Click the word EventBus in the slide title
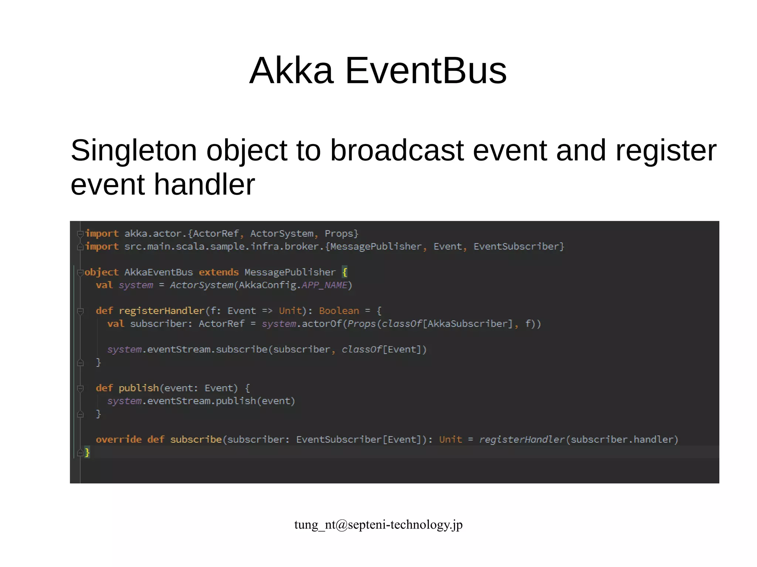[425, 71]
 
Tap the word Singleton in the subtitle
[133, 151]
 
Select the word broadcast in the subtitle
[397, 151]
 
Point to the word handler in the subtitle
[204, 184]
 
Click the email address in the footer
[378, 525]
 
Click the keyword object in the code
[102, 272]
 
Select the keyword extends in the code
[219, 272]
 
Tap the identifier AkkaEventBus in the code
[159, 272]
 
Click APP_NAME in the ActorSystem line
[325, 285]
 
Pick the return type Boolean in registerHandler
[339, 311]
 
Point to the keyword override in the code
[119, 440]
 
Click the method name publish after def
[139, 388]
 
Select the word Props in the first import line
[339, 233]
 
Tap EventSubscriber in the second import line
[516, 246]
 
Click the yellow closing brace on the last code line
[87, 452]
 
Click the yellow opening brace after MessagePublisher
[344, 272]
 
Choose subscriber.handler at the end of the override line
[622, 440]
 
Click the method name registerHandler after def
[162, 311]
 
